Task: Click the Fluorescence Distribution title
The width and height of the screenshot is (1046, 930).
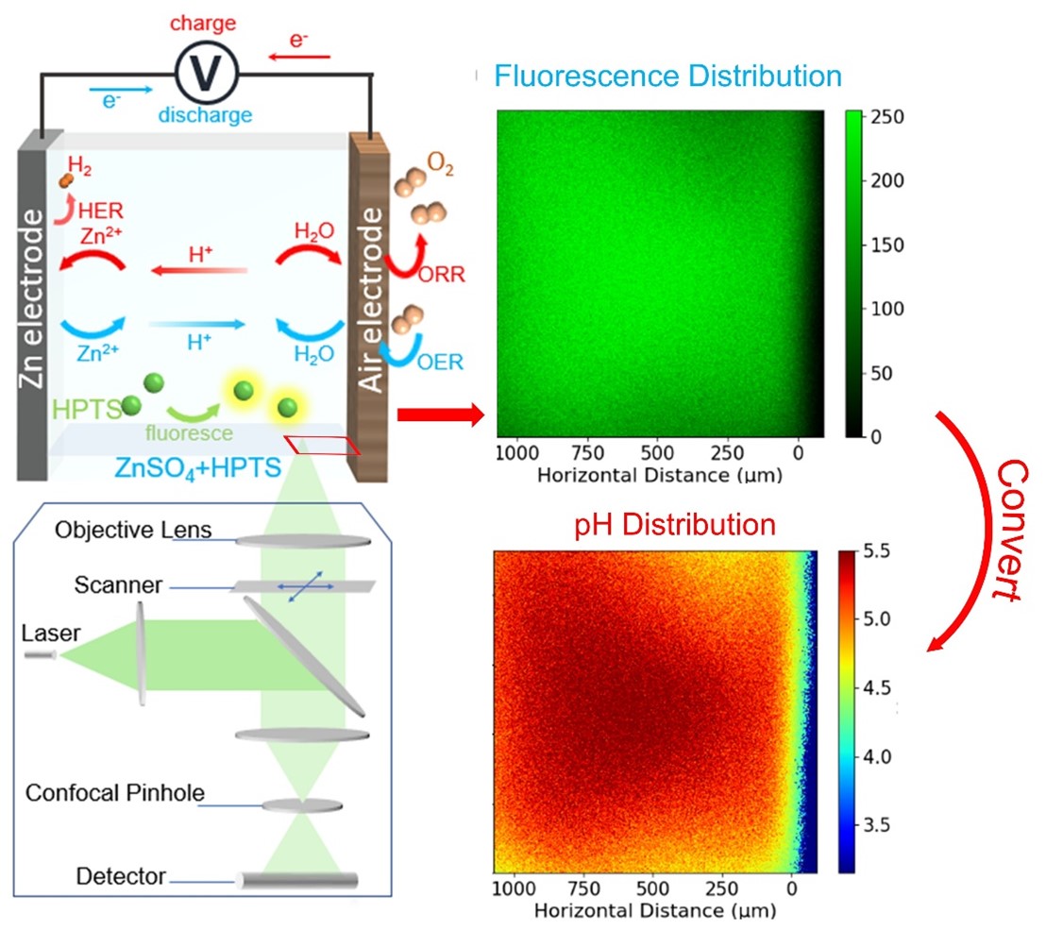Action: [x=667, y=75]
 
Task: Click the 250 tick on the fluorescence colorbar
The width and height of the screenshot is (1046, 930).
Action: [x=887, y=117]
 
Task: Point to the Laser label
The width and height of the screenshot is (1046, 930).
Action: [x=45, y=634]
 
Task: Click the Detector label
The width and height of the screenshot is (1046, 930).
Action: [x=109, y=877]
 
